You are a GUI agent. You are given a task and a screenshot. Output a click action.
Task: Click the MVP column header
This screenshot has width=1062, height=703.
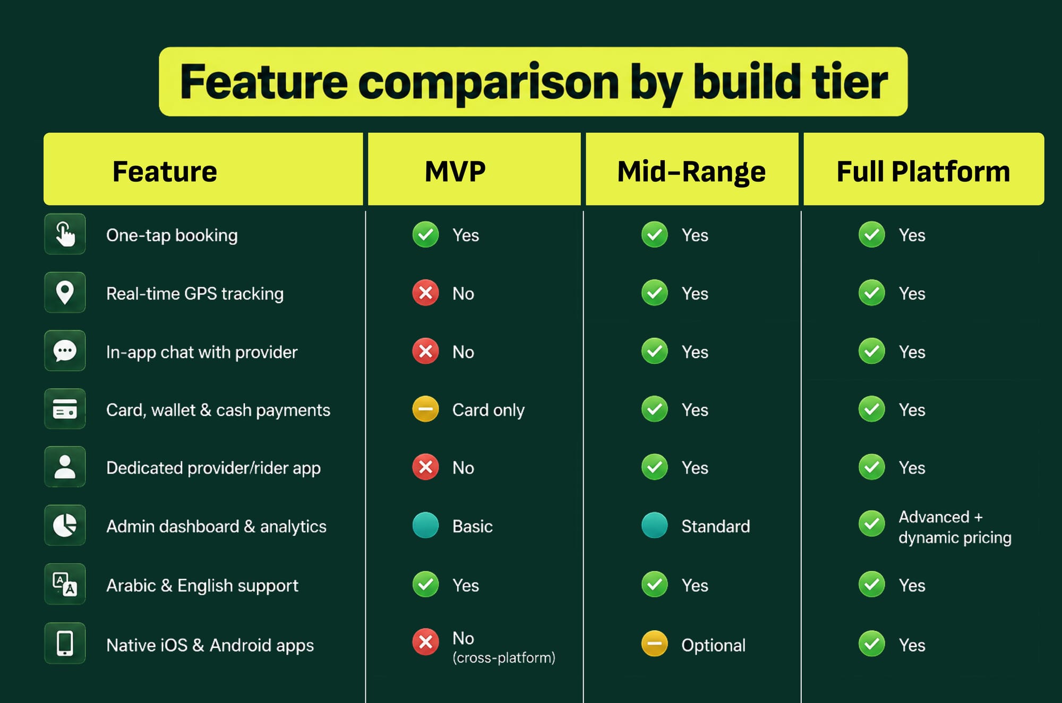click(x=455, y=172)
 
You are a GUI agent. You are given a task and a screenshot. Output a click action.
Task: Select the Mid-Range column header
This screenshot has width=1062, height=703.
click(x=691, y=172)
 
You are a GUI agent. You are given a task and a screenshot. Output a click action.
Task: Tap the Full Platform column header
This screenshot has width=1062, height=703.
click(x=923, y=172)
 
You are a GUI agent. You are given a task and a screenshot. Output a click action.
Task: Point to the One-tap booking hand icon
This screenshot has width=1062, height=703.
click(x=65, y=234)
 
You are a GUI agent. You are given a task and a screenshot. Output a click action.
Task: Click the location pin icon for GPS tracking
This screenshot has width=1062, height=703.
click(x=65, y=293)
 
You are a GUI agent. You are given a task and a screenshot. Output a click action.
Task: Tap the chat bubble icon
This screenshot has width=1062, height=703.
click(x=65, y=351)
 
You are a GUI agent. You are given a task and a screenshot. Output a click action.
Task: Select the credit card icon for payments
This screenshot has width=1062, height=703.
click(x=65, y=409)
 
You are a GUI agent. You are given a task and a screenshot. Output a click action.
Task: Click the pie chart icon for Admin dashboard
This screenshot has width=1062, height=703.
click(x=65, y=525)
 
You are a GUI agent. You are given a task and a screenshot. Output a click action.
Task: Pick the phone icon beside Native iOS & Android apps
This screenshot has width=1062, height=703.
click(x=65, y=643)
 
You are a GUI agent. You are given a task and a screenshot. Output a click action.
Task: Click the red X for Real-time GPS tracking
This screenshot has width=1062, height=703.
click(x=425, y=293)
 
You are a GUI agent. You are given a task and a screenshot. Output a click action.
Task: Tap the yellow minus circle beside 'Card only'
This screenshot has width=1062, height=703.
click(x=425, y=409)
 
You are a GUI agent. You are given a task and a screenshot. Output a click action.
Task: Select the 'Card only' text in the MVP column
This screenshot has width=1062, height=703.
click(x=488, y=410)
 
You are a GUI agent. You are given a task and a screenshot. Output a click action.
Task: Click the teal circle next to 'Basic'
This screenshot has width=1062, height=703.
click(x=425, y=525)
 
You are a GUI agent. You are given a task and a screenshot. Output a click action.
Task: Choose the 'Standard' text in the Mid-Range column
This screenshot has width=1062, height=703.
click(x=715, y=526)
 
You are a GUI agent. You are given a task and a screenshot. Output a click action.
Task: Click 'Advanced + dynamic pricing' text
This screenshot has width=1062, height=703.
click(x=955, y=527)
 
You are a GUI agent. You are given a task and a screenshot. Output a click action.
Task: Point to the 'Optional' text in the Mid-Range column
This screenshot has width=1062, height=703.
click(x=713, y=645)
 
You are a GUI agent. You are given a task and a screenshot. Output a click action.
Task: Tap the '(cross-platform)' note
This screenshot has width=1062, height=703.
click(x=503, y=658)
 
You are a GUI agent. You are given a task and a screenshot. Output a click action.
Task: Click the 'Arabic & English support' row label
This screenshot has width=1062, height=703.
click(x=202, y=586)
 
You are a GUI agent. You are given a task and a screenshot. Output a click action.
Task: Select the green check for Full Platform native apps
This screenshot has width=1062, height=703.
click(x=872, y=644)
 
